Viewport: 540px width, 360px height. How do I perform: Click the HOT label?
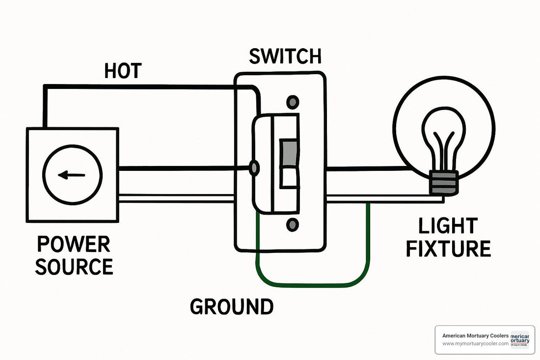tap(123, 72)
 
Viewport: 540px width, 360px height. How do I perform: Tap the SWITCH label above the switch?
tap(285, 56)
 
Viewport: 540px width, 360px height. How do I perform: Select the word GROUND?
tap(232, 306)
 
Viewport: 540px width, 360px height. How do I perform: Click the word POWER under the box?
tap(74, 244)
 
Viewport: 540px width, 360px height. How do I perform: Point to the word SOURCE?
tap(74, 267)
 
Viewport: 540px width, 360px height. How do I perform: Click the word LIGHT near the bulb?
tap(448, 226)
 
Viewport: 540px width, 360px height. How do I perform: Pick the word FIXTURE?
tap(448, 249)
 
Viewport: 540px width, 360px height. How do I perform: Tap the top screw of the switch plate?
tap(293, 102)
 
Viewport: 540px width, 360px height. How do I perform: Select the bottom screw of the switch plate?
tap(293, 225)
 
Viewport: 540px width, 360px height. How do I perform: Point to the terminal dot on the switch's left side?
tap(254, 168)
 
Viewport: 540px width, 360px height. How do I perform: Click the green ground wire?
tap(314, 284)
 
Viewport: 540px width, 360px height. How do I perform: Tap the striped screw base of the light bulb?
tap(444, 182)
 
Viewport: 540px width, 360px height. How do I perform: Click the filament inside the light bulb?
tap(444, 147)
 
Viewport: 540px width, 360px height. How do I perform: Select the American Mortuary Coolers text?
tap(474, 335)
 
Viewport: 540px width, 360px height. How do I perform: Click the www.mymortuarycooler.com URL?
tap(475, 344)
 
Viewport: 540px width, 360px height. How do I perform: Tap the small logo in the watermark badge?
tap(520, 339)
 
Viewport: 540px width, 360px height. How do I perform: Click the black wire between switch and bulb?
tap(368, 169)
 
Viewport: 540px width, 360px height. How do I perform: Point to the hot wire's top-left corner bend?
tap(46, 87)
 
